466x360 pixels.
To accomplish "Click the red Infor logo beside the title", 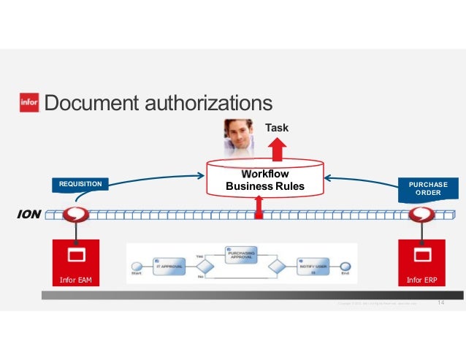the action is tap(29, 104).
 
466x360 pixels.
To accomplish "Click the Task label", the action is tap(276, 128).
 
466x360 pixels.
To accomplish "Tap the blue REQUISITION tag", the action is tap(81, 184).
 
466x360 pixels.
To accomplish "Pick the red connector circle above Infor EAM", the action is tap(75, 215).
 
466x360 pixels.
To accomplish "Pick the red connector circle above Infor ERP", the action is tap(421, 215).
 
